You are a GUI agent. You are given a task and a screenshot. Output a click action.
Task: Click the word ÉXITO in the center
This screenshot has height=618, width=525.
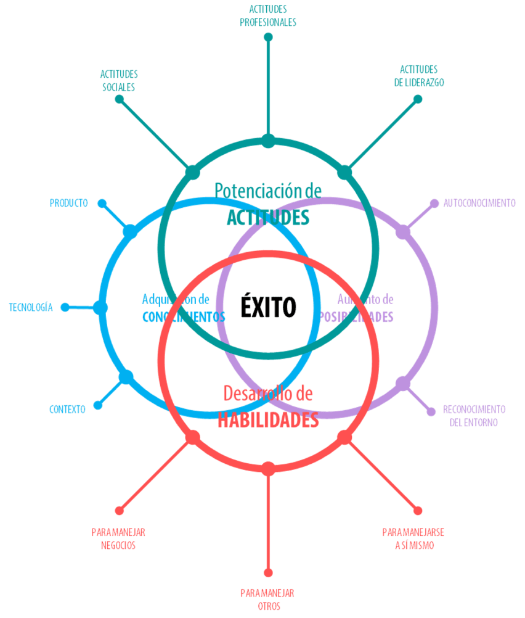268,307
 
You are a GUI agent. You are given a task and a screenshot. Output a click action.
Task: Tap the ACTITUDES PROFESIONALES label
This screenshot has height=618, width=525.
268,15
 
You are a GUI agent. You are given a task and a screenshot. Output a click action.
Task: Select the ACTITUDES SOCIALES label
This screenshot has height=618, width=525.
119,80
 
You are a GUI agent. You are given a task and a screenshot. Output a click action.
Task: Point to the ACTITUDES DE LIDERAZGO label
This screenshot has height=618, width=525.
418,75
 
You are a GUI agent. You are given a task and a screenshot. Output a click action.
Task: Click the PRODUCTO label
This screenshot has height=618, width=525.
68,203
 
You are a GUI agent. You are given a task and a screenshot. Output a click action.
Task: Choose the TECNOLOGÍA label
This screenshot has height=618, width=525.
31,307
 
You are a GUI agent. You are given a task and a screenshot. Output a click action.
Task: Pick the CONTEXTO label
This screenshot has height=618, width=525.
67,410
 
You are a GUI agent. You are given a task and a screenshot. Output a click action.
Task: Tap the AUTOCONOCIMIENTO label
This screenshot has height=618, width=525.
479,203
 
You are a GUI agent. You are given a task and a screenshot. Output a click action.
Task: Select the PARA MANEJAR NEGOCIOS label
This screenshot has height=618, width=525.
118,538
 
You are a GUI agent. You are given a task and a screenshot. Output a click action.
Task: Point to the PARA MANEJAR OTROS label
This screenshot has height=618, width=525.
267,599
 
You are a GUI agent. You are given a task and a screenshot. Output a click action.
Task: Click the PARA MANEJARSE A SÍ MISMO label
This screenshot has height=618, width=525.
413,538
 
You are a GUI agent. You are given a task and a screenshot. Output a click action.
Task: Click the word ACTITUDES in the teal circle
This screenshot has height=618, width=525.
268,217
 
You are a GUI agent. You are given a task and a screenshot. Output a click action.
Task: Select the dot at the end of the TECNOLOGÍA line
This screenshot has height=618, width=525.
65,307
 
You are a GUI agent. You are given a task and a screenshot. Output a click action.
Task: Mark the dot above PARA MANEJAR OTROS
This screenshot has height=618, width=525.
268,572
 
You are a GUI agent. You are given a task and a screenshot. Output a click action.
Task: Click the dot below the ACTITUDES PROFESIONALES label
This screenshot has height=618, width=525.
268,37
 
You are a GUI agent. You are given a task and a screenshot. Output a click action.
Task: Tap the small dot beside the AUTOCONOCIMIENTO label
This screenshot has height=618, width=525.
434,203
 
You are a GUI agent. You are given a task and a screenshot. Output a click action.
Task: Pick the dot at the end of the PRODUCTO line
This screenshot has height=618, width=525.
102,204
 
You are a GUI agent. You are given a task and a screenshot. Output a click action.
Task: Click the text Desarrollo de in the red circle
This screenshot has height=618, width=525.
268,393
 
